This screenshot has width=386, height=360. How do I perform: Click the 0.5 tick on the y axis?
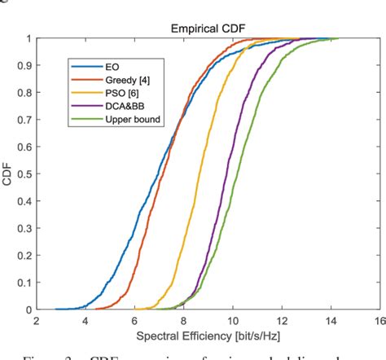coord(24,174)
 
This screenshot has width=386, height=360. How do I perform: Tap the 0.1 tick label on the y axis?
coord(24,283)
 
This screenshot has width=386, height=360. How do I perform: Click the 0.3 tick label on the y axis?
coord(24,229)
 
